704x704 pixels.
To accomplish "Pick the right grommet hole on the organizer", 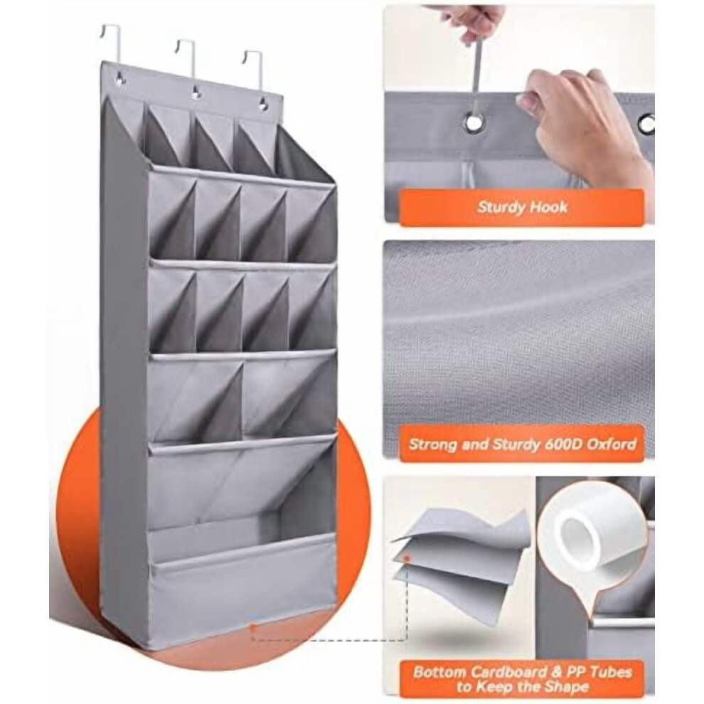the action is (x=262, y=106).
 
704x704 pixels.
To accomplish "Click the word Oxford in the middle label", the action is (x=612, y=444).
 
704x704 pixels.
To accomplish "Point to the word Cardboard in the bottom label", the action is (x=507, y=672).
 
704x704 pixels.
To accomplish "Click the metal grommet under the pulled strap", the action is (x=473, y=122).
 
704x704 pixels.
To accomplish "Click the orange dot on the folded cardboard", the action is (x=407, y=559).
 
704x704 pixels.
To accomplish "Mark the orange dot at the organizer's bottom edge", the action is (x=253, y=626).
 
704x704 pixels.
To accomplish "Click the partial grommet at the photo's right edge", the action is (x=647, y=122).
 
